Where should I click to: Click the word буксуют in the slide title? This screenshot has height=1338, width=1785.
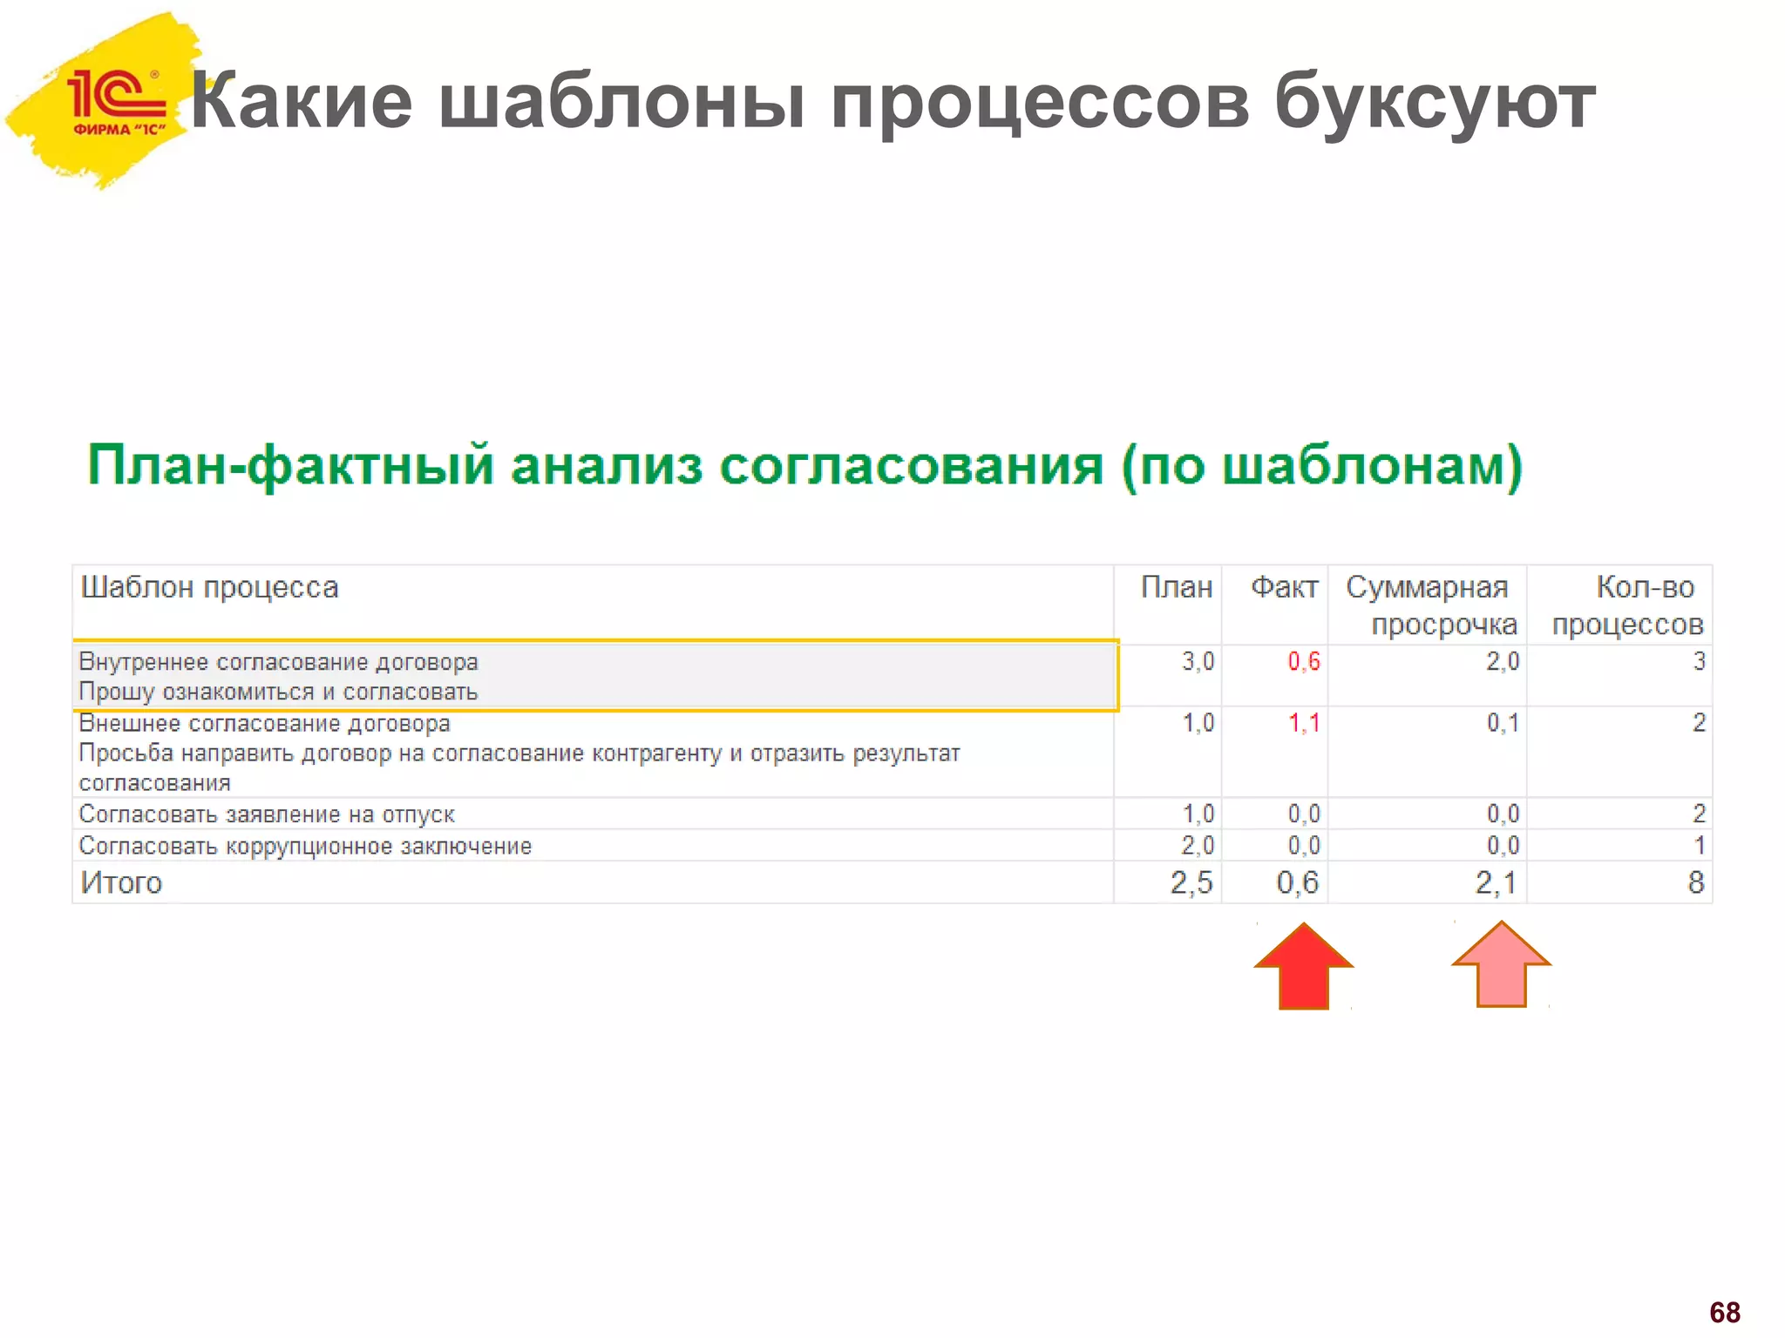click(1434, 103)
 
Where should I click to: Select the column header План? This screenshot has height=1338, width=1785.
click(1176, 588)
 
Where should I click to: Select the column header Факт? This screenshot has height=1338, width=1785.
click(1284, 588)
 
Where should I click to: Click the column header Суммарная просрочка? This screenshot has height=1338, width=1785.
click(1431, 605)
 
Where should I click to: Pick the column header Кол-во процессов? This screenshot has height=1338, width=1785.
click(1628, 605)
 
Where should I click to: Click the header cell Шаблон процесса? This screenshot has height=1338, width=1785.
click(209, 588)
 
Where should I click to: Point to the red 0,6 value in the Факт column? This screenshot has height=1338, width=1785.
click(1304, 662)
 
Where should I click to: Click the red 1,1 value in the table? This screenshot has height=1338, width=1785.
click(1304, 723)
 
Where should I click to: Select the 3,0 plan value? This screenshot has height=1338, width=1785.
click(1198, 662)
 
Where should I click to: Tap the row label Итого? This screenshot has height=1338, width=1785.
click(121, 883)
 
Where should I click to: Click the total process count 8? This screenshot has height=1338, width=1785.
click(1695, 882)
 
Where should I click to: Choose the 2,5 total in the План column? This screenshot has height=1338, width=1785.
click(1191, 883)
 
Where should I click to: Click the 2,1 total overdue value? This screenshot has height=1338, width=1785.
click(1496, 883)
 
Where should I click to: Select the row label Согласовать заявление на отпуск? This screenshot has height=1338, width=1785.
click(267, 814)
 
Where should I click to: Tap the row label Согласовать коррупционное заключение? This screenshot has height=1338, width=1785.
click(305, 846)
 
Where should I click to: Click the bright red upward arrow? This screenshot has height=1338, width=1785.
click(1303, 966)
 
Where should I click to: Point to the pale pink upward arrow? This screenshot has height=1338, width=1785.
click(1501, 964)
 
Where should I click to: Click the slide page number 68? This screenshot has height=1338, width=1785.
click(1724, 1312)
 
